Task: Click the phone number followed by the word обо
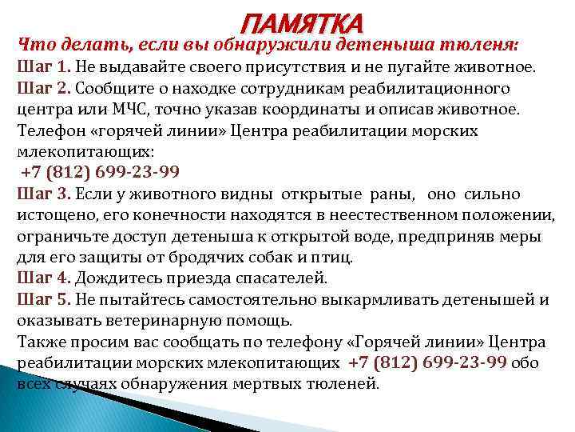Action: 428,363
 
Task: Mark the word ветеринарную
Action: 158,321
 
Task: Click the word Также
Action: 39,342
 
